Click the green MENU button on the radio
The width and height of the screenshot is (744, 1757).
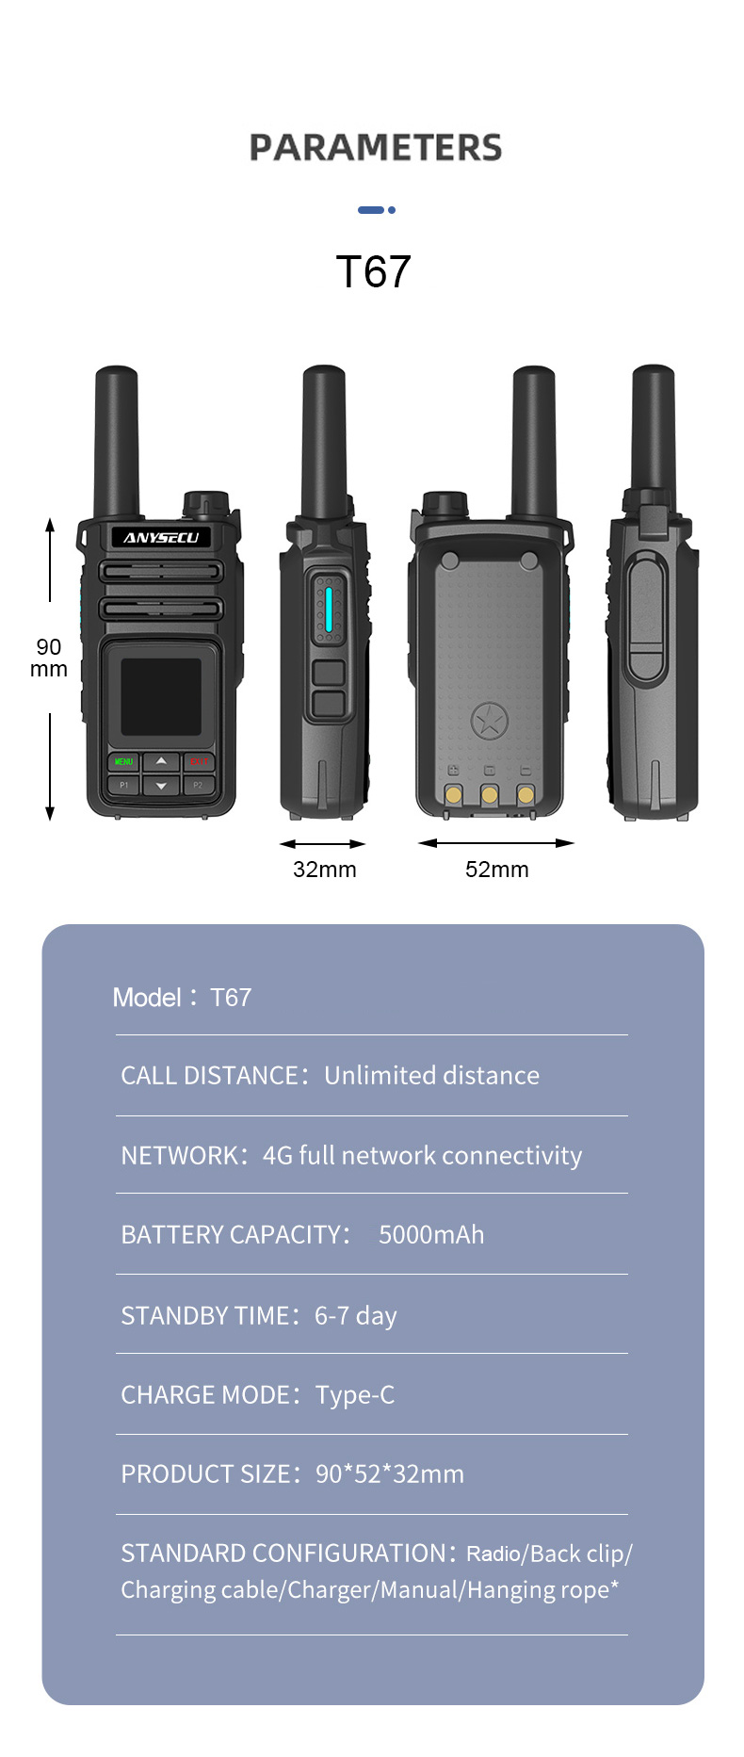123,761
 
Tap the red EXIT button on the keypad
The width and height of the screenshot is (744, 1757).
199,761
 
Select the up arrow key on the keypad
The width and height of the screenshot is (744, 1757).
161,760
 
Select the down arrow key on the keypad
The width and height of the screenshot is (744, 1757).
161,785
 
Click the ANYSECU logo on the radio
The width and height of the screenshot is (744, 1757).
161,537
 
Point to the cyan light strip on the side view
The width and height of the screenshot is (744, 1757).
329,609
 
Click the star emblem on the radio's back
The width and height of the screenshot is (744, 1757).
489,723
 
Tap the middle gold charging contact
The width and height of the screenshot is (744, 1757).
489,795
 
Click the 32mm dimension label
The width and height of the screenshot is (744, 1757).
325,870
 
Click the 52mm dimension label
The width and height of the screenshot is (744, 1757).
497,870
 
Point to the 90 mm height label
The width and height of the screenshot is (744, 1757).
49,658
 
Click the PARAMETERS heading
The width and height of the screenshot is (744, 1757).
375,148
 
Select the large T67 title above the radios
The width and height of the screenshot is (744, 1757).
373,272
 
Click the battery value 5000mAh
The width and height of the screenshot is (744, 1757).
431,1234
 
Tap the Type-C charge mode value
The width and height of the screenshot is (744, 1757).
355,1394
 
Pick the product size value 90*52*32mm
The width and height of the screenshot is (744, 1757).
390,1473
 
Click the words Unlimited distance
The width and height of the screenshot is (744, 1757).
431,1075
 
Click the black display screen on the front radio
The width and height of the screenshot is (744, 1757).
161,696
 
